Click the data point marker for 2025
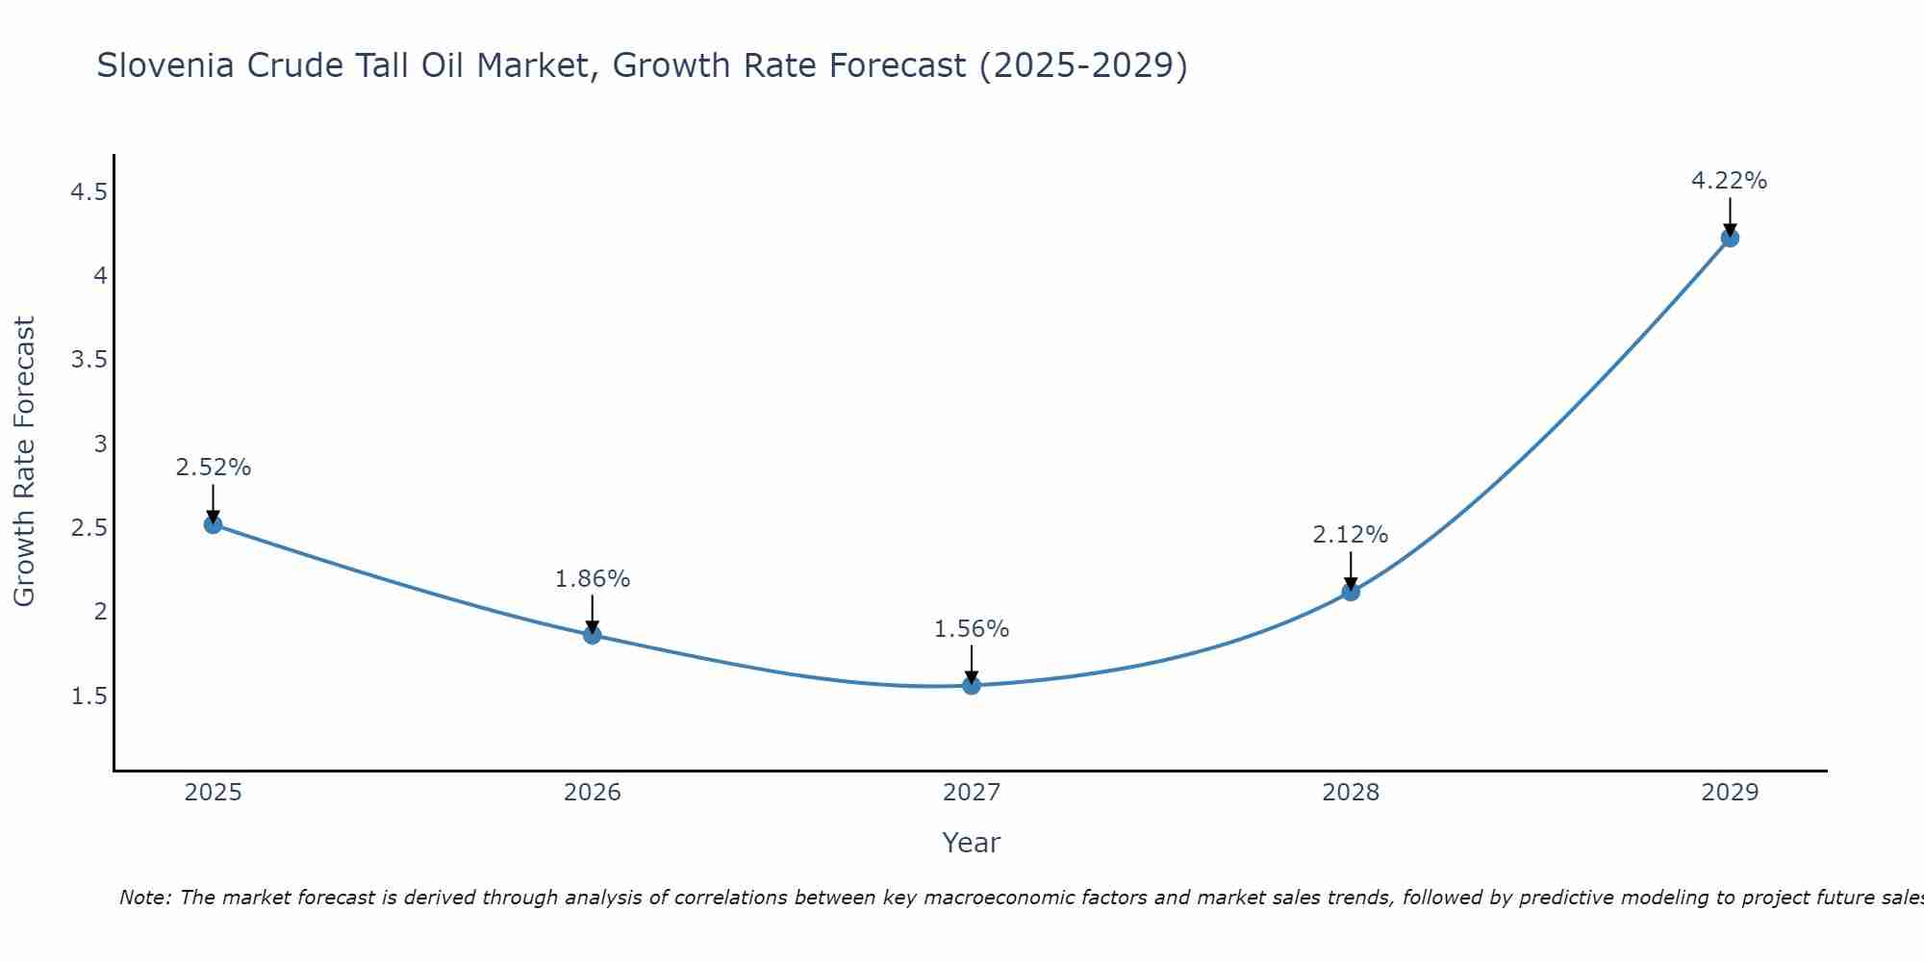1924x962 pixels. tap(214, 524)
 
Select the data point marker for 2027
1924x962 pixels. tap(972, 685)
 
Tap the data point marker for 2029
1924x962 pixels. tap(1730, 238)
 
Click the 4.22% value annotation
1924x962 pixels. tap(1729, 181)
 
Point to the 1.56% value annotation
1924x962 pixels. tap(972, 629)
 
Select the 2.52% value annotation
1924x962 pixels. tap(214, 468)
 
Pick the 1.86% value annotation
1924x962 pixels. tap(593, 579)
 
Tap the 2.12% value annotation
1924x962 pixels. tap(1351, 535)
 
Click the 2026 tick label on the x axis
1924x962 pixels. tap(593, 793)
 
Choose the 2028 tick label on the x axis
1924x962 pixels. tap(1351, 793)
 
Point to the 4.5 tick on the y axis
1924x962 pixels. tap(89, 192)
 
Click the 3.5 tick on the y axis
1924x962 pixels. tap(89, 361)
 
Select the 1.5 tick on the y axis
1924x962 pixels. tap(89, 696)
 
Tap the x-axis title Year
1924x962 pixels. tap(972, 843)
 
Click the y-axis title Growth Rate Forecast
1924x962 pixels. tap(24, 462)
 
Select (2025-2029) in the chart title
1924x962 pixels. tap(1083, 65)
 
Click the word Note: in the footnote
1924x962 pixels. tap(145, 898)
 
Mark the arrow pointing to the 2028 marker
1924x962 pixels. tap(1351, 570)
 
